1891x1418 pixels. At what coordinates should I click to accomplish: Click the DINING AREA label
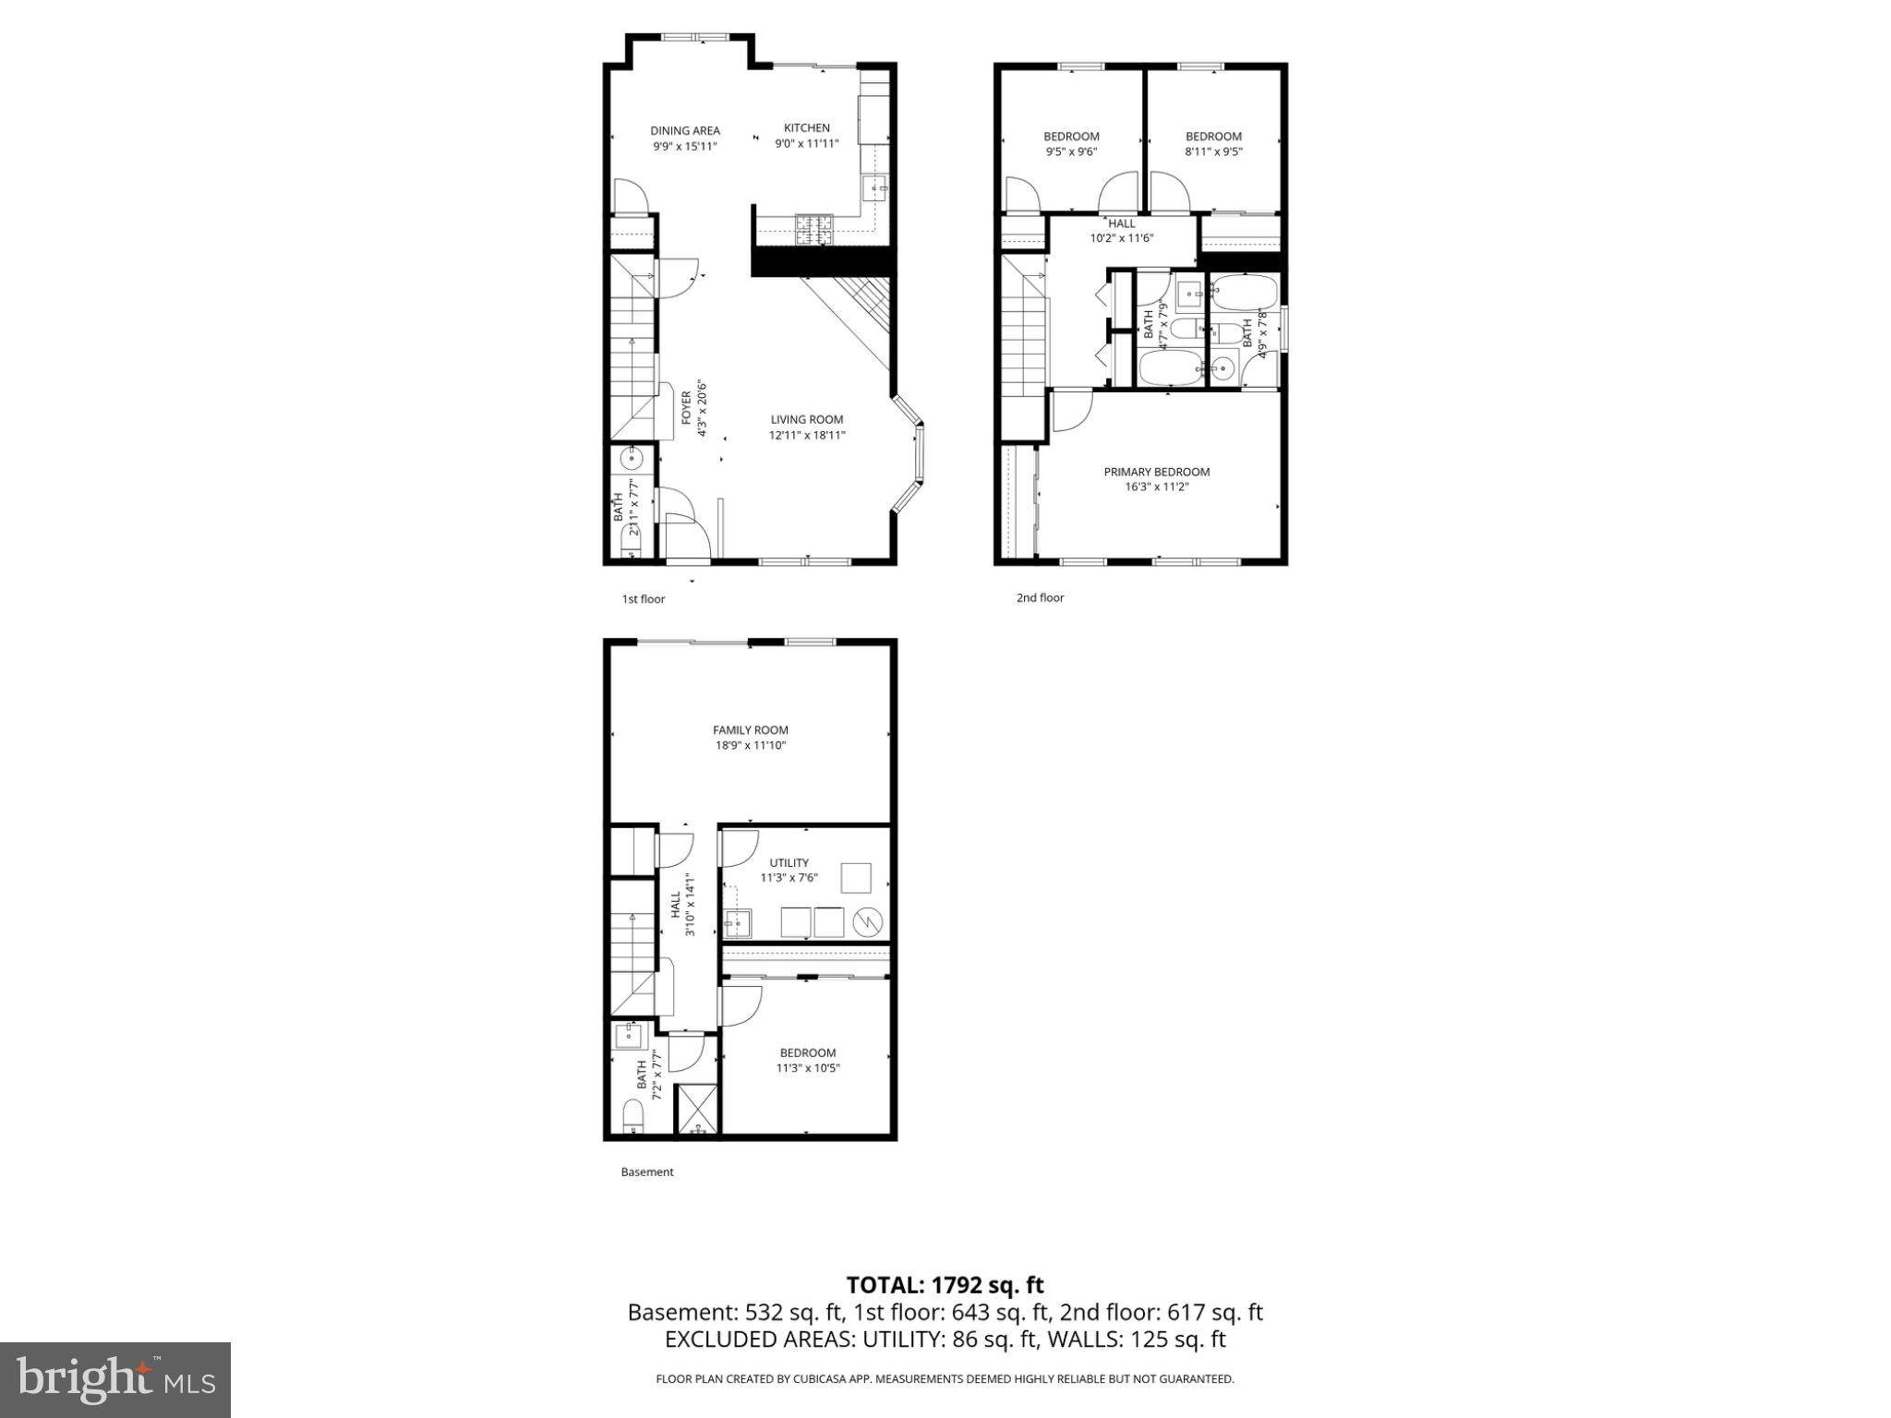point(684,131)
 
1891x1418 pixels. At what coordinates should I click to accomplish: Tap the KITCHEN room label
point(806,128)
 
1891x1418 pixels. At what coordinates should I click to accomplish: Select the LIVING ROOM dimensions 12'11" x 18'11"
point(806,436)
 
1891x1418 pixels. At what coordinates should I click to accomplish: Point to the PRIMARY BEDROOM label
point(1156,472)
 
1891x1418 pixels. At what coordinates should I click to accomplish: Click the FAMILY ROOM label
point(750,730)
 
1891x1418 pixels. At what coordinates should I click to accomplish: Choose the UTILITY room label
point(789,863)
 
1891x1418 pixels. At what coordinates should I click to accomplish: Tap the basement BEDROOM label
point(807,1052)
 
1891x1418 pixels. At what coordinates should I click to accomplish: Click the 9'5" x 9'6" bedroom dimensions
point(1071,152)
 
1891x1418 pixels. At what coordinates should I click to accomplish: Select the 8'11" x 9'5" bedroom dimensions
point(1213,152)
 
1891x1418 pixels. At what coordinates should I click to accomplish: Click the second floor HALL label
point(1121,223)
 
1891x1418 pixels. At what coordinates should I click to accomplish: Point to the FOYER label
point(687,408)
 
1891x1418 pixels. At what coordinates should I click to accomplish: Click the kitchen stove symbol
point(813,229)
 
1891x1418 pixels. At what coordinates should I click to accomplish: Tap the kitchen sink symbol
point(874,190)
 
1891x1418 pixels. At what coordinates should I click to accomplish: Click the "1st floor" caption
point(643,599)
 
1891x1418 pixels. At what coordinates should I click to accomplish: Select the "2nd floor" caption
point(1040,598)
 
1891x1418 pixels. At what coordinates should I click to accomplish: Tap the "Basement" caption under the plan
point(646,1172)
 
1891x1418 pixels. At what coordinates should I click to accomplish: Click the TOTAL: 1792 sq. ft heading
point(945,1285)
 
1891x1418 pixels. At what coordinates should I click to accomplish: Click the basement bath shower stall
point(696,1109)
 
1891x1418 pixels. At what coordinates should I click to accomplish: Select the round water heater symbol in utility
point(868,921)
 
